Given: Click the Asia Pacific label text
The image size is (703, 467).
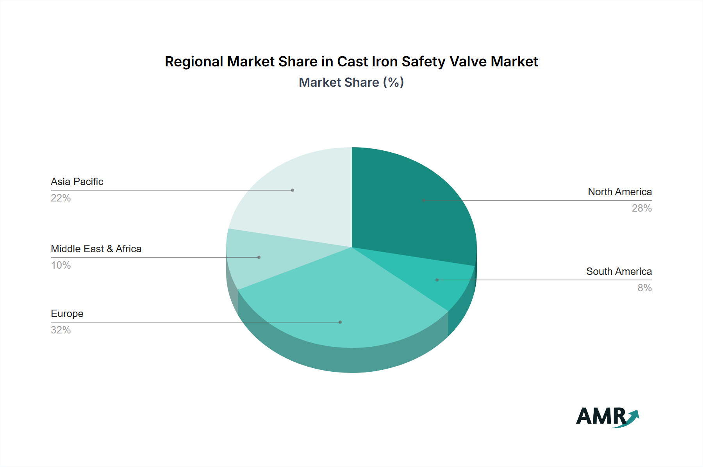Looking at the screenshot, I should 77,182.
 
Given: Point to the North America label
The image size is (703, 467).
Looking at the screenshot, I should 620,192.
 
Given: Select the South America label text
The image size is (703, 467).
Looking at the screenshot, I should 619,271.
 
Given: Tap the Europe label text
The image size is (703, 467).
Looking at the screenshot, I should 67,314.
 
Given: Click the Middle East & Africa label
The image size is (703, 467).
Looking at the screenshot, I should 96,249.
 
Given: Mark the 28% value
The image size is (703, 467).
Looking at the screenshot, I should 642,208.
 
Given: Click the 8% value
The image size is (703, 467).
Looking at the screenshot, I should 644,288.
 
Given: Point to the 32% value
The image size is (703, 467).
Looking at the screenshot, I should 61,330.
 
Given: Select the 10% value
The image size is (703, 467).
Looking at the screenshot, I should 61,265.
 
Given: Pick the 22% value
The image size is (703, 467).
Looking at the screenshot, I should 61,198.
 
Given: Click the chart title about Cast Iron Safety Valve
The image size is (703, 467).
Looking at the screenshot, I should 351,62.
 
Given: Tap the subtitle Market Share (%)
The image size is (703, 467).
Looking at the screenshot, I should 351,82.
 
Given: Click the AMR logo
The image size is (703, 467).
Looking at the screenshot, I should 607,417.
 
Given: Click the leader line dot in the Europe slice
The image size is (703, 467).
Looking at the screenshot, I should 340,322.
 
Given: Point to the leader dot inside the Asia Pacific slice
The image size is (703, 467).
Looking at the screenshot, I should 293,190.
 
